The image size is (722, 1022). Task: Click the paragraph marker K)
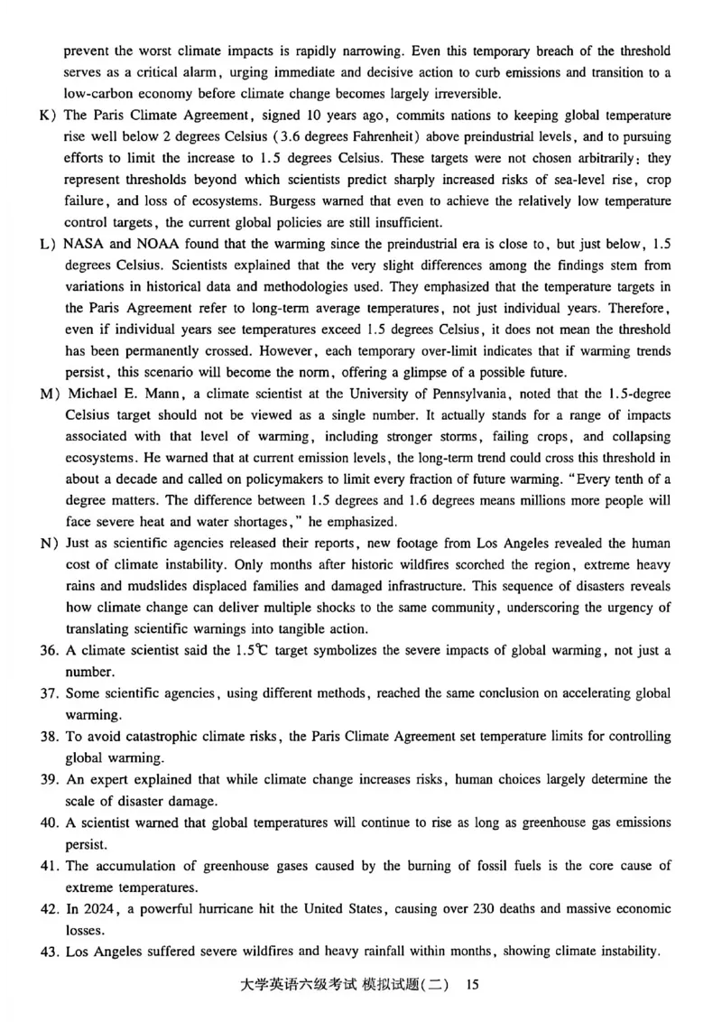[x=46, y=116]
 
